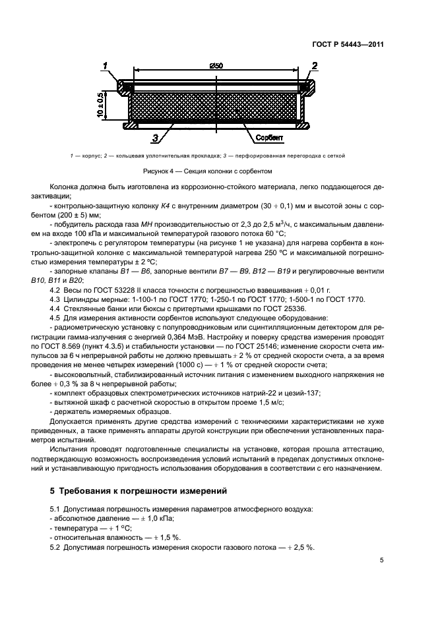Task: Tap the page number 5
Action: pyautogui.click(x=382, y=560)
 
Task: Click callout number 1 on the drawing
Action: pyautogui.click(x=105, y=65)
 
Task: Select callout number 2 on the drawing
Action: pyautogui.click(x=315, y=65)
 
